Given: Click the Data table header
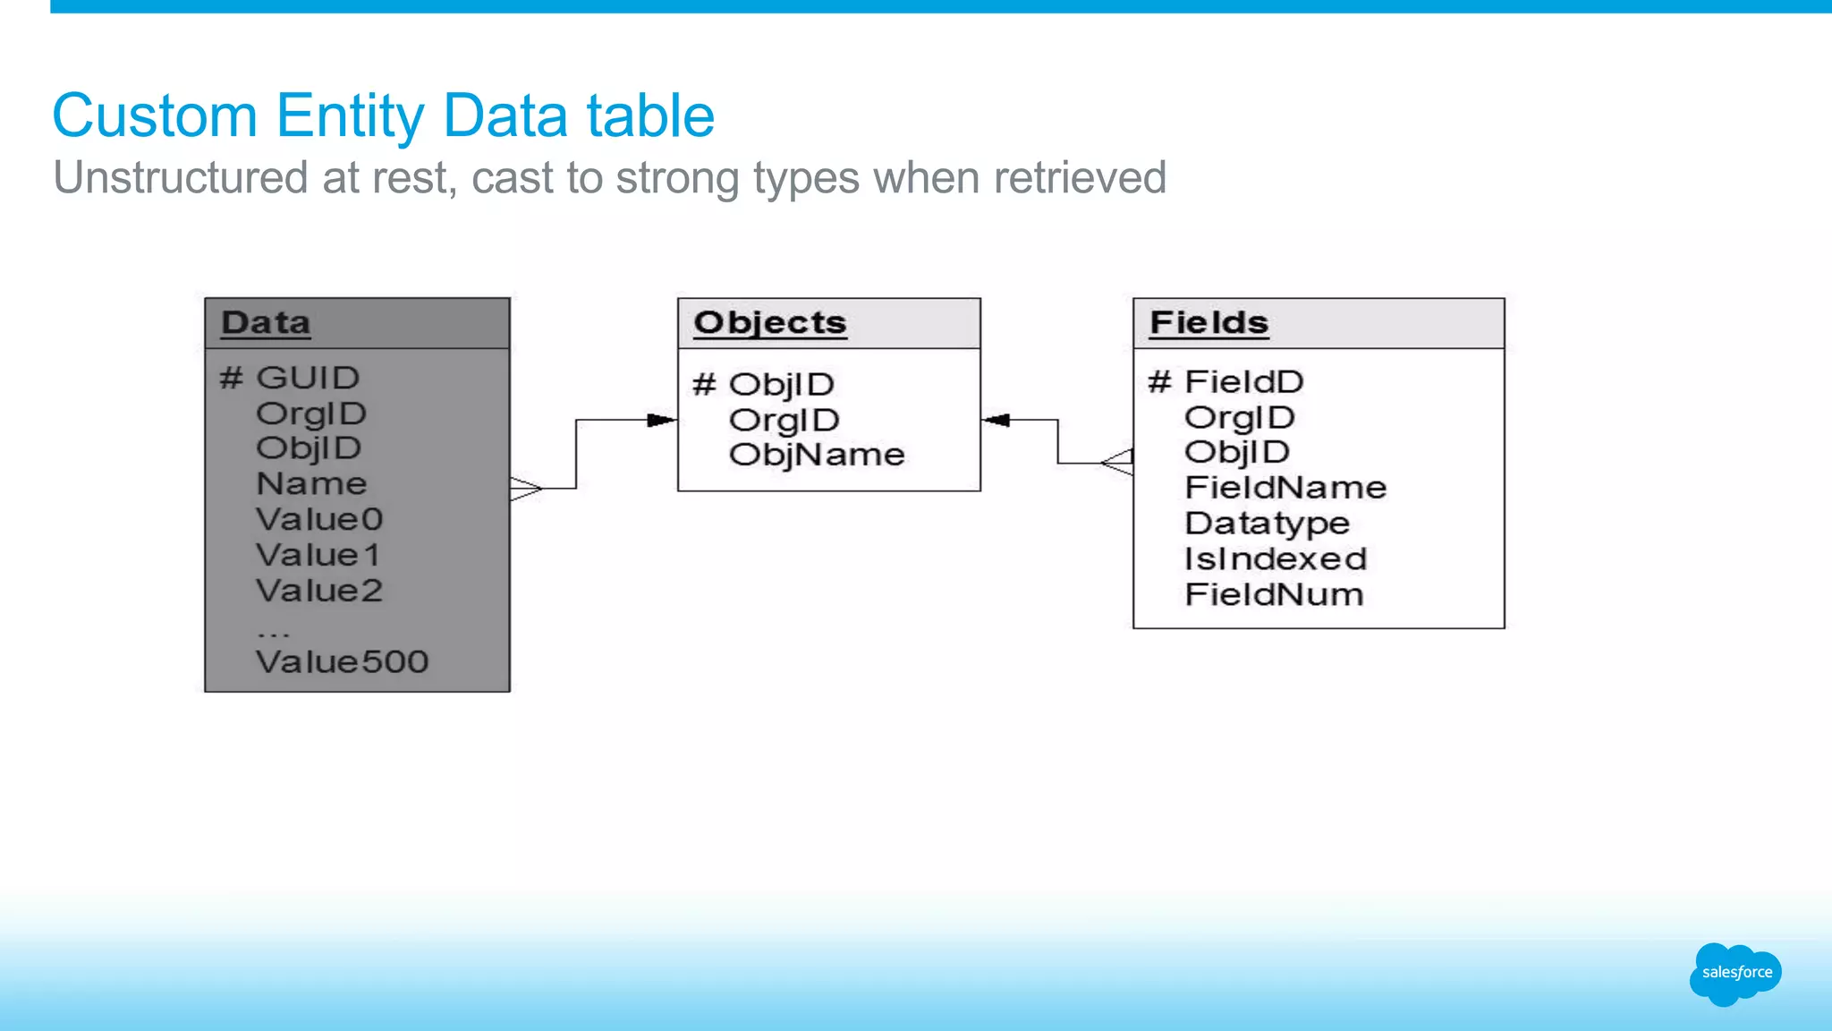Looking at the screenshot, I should point(267,323).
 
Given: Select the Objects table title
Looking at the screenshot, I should point(769,323).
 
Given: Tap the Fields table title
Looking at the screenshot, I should point(1209,323).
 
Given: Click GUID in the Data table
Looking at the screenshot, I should point(307,378).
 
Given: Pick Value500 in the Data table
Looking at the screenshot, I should point(342,662).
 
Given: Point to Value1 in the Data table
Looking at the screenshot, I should point(318,555).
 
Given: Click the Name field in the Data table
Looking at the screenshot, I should point(311,484).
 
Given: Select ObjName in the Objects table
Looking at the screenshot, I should point(816,455).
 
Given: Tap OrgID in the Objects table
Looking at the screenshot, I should point(784,420).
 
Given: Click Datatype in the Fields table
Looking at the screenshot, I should point(1267,524).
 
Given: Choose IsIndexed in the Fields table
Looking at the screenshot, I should point(1276,559).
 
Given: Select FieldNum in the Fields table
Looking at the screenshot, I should point(1274,595).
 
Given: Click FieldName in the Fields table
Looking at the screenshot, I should point(1285,488).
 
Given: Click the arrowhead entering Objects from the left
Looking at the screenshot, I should point(661,420).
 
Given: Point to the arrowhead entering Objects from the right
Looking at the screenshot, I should point(996,420).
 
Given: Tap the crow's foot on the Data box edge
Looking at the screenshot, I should point(526,489).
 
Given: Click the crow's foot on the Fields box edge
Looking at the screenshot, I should point(1118,463).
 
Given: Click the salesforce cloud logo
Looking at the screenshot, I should point(1735,974).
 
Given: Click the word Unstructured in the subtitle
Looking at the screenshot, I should point(180,177).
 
